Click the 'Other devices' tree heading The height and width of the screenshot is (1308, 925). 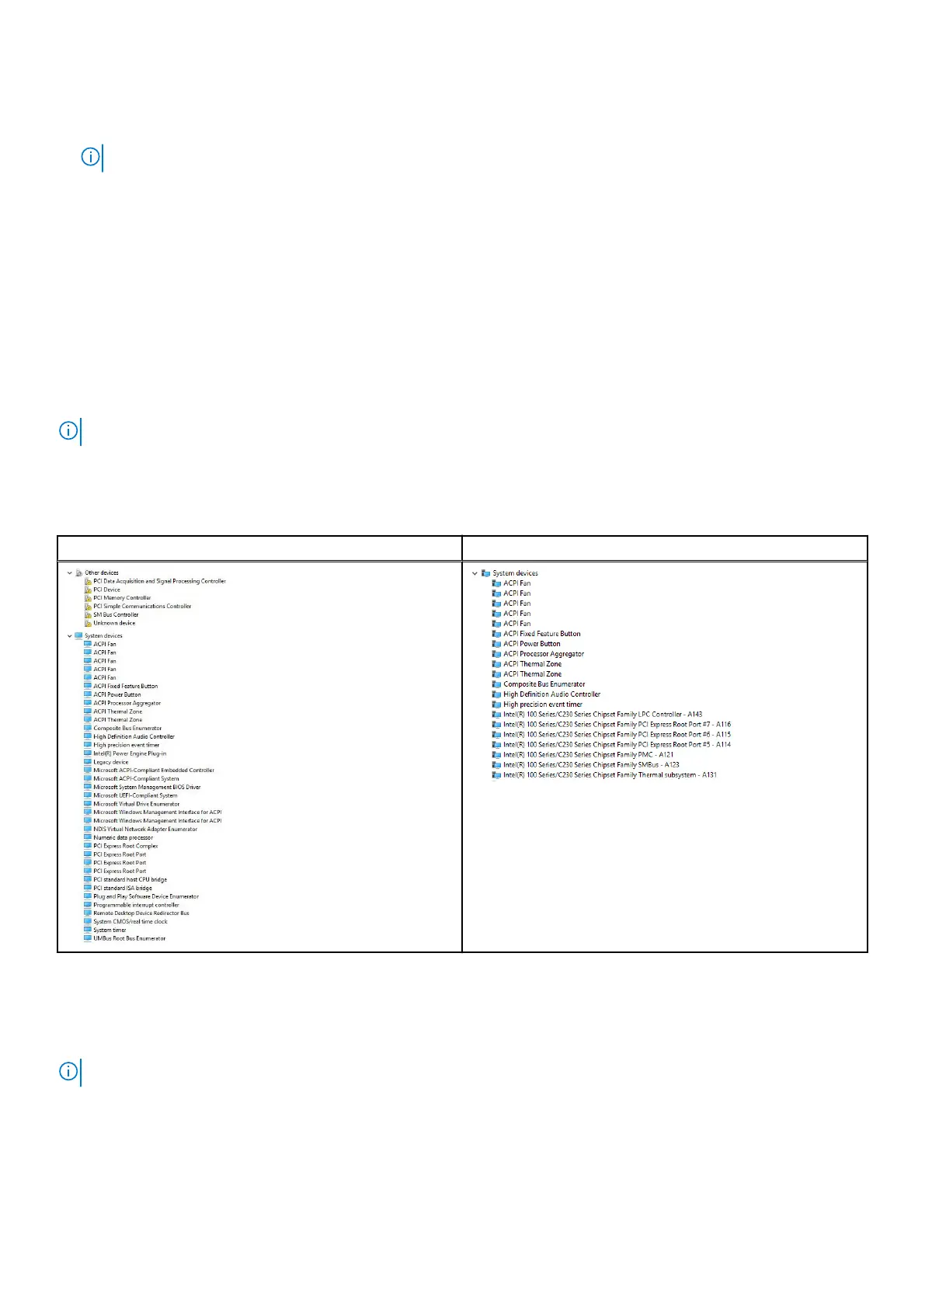(101, 573)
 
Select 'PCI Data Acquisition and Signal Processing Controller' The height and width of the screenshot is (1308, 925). (159, 581)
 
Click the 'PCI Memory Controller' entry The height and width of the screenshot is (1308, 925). (122, 598)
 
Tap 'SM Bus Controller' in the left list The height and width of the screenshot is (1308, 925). (116, 614)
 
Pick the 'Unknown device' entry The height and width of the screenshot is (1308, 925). (114, 623)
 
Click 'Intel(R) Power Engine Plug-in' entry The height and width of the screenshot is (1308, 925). (130, 753)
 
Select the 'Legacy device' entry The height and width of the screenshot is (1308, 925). (111, 762)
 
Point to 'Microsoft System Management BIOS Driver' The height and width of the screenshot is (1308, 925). (147, 787)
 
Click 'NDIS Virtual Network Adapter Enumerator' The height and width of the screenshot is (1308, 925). (145, 829)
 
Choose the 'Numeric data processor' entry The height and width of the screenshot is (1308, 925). (123, 837)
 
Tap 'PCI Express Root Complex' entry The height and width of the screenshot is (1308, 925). (125, 846)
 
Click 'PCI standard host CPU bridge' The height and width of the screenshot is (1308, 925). (130, 879)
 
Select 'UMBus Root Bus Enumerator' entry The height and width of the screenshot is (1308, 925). (129, 938)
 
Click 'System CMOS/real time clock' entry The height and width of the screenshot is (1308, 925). (130, 921)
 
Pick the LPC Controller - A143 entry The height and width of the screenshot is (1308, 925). (602, 715)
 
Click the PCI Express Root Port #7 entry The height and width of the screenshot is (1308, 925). (617, 725)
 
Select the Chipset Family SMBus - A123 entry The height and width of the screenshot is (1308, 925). (590, 765)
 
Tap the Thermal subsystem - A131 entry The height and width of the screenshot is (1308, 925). (610, 775)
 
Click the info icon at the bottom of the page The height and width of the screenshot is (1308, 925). (68, 1072)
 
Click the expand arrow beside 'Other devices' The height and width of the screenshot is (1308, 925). (70, 573)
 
